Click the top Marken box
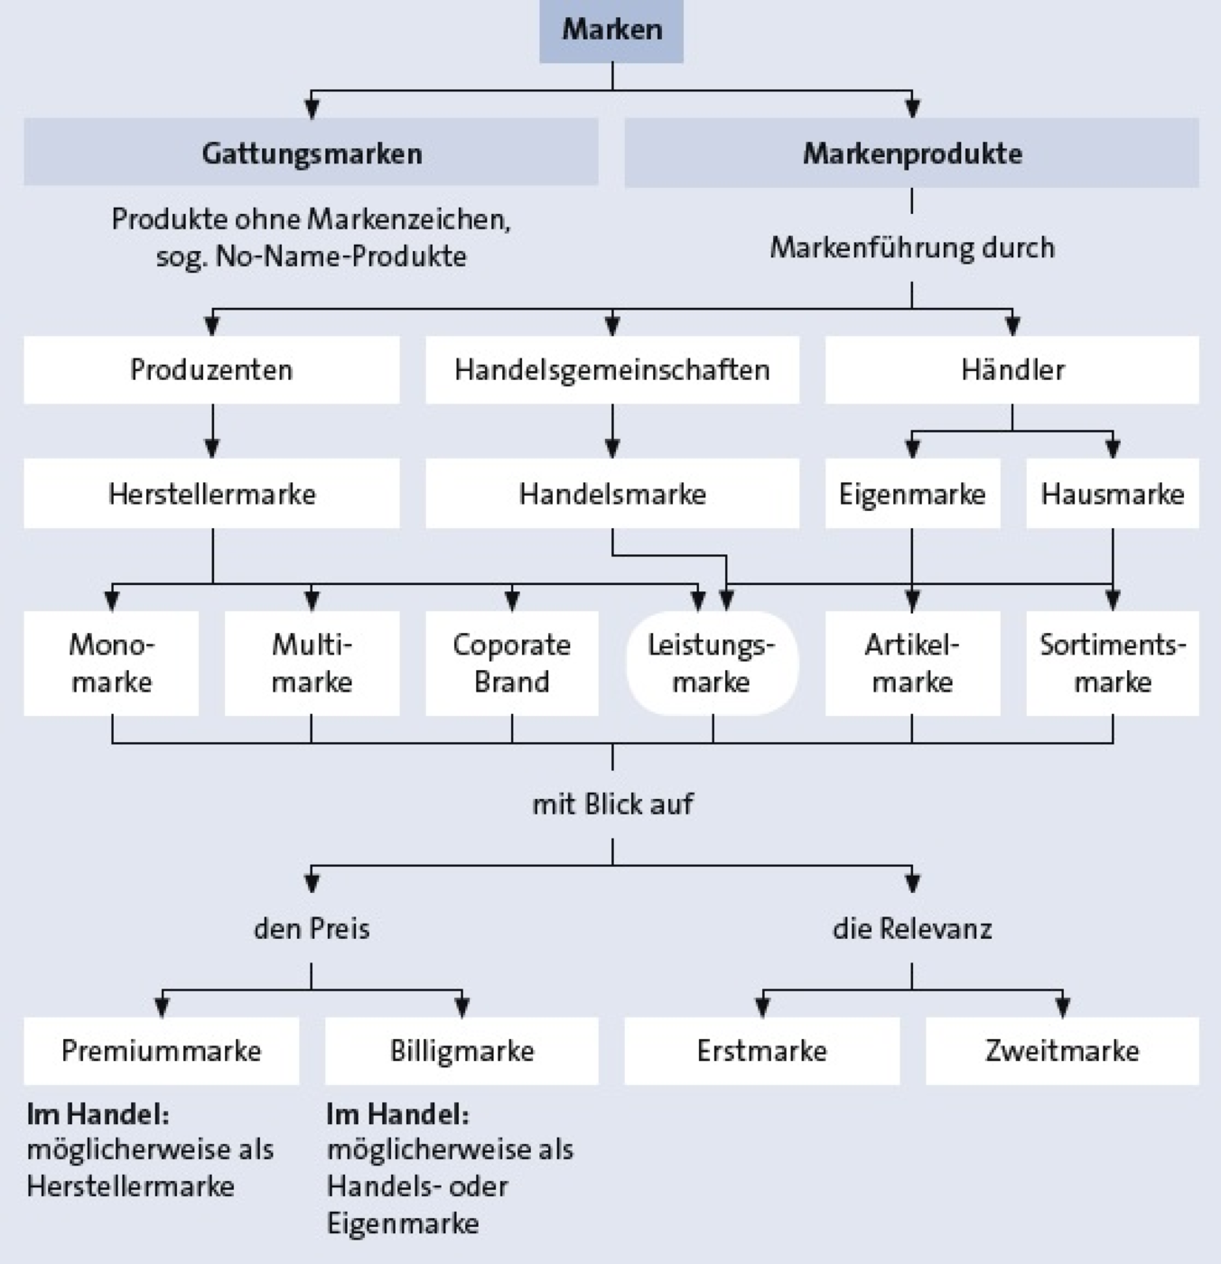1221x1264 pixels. point(611,31)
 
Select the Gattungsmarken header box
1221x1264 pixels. point(312,152)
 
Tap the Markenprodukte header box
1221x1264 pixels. point(912,153)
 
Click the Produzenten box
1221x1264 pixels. point(212,369)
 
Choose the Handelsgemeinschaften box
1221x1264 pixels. point(612,369)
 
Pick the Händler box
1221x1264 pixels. point(1011,369)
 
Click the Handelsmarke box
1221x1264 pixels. point(612,494)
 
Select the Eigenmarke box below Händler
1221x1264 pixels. point(912,494)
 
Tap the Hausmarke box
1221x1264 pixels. point(1113,494)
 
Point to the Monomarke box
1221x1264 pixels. point(111,664)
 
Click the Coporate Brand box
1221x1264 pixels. point(512,664)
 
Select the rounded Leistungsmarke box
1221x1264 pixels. point(713,664)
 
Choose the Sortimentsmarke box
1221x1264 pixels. point(1113,664)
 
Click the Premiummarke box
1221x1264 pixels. point(162,1051)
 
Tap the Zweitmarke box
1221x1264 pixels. point(1062,1051)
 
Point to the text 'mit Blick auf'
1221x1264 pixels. point(613,804)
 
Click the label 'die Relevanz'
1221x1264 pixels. point(912,928)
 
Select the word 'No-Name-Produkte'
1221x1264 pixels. point(340,256)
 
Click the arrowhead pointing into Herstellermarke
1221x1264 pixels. point(212,449)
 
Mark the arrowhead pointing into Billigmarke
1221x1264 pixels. point(462,1008)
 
